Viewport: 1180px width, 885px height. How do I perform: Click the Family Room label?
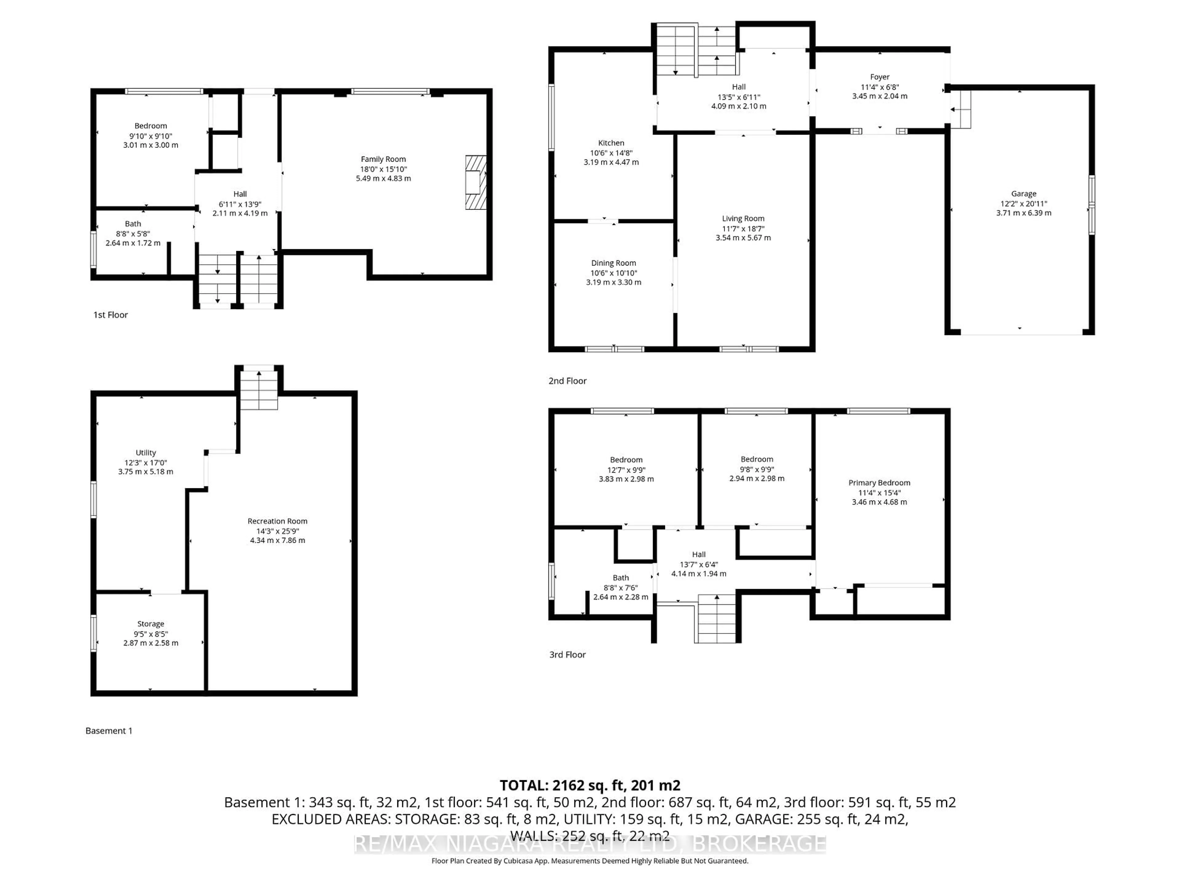coord(383,159)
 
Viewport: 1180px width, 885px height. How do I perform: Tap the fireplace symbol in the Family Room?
coord(475,183)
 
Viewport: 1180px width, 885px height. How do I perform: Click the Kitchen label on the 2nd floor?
coord(611,143)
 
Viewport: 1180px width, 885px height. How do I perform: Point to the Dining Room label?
coord(613,263)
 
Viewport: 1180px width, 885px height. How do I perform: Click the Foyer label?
coord(879,77)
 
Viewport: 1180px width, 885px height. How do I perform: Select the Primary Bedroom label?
coord(879,483)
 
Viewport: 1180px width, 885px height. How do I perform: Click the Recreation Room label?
coord(277,521)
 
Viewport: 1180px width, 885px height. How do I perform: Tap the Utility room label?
coord(146,452)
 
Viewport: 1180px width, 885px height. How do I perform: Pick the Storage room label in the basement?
coord(151,623)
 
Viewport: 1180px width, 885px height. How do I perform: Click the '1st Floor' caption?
coord(110,315)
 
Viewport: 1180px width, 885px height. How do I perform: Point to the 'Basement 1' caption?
coord(109,731)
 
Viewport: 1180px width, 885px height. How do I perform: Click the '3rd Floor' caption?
coord(567,655)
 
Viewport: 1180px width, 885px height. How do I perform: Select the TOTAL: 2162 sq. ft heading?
coord(589,785)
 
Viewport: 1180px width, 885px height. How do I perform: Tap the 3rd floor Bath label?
coord(620,578)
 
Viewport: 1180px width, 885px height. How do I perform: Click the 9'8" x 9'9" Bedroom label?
coord(757,459)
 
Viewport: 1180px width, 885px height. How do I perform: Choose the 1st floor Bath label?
coord(133,224)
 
